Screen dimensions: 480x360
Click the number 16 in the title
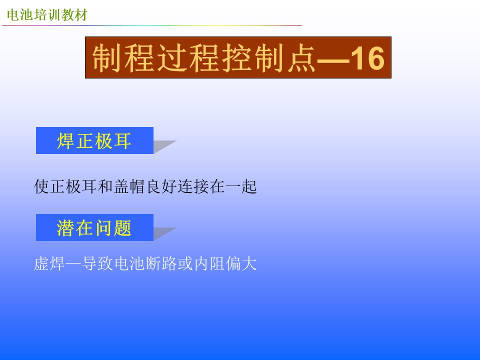pos(367,58)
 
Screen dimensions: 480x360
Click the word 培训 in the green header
pos(47,14)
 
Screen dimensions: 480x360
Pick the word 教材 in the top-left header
pos(74,14)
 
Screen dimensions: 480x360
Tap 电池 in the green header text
pos(20,14)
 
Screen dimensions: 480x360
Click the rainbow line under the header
pos(152,25)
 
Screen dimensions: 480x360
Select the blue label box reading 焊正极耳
pos(94,140)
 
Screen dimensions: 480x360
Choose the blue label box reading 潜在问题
pos(94,227)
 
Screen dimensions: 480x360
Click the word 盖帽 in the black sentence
pos(129,186)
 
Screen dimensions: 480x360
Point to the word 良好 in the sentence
pos(161,186)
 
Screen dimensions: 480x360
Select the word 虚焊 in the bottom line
pos(49,263)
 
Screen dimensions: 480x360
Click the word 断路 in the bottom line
pos(161,263)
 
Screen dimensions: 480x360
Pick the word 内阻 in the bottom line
pos(209,263)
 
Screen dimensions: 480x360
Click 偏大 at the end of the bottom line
pos(241,263)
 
